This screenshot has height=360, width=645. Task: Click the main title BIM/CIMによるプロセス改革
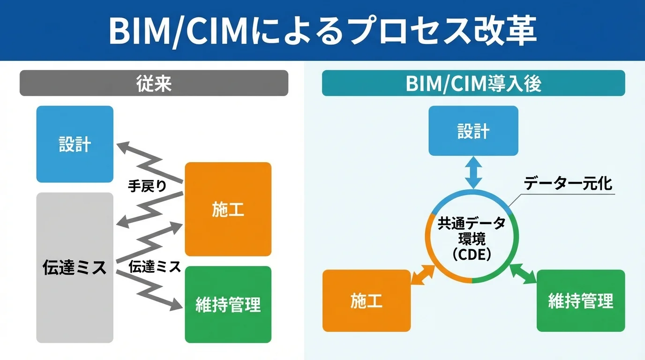point(322,30)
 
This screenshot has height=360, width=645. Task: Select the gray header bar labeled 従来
point(154,83)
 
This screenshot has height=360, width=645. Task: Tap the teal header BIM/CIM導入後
point(473,83)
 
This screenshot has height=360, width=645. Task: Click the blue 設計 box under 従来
point(75,144)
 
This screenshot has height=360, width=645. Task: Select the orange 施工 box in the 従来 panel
point(228,210)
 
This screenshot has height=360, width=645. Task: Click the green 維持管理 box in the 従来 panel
point(228,305)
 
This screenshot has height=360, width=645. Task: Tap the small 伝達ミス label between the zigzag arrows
point(155,267)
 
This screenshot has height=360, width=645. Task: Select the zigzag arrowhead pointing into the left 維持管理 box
point(177,305)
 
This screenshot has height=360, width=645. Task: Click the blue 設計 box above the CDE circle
point(473,131)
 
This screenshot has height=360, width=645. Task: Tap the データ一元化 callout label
point(568,183)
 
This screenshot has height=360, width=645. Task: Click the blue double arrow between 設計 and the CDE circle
point(473,173)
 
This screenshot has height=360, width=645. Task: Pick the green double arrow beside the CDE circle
point(523,273)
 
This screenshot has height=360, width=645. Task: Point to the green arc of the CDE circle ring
point(515,244)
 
